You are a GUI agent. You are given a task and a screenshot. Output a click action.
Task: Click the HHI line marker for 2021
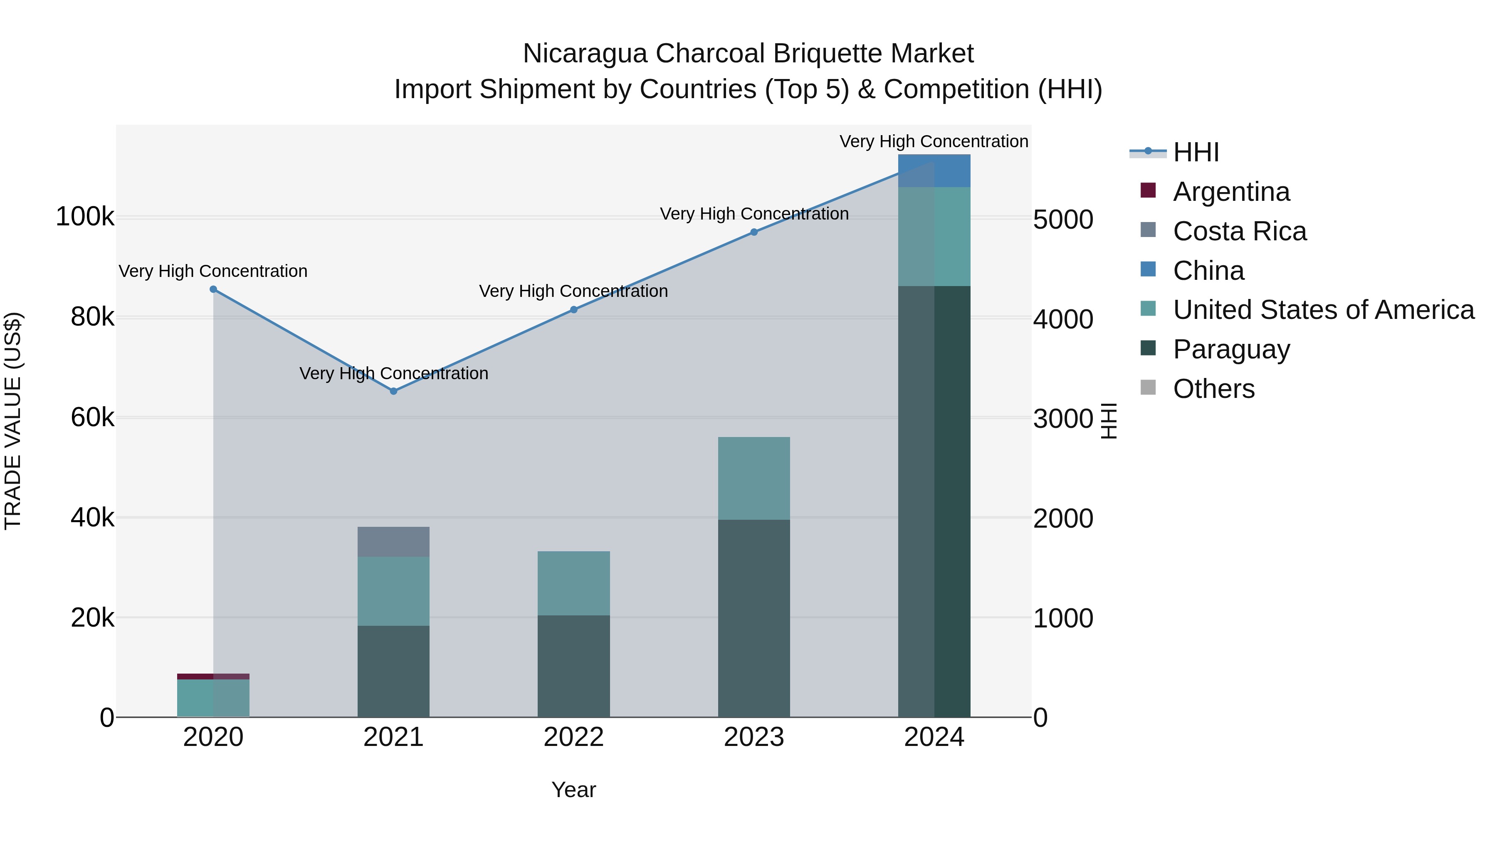pyautogui.click(x=393, y=391)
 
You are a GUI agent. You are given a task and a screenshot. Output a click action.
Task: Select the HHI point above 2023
pyautogui.click(x=754, y=232)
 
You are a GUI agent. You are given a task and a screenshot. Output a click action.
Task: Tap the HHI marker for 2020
pyautogui.click(x=213, y=289)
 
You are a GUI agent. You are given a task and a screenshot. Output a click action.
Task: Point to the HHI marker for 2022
pyautogui.click(x=573, y=310)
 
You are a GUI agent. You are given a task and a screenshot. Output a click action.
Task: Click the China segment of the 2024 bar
pyautogui.click(x=934, y=171)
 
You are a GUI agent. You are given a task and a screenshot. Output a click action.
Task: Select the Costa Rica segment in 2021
pyautogui.click(x=393, y=541)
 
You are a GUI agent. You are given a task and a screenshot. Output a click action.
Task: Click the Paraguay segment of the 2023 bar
pyautogui.click(x=754, y=618)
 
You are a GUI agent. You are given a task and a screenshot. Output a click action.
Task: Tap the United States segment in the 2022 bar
pyautogui.click(x=573, y=583)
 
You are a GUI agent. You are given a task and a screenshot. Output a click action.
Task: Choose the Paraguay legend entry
pyautogui.click(x=1231, y=349)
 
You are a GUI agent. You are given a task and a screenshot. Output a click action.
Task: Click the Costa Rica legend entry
pyautogui.click(x=1239, y=231)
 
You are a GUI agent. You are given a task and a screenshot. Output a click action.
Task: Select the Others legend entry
pyautogui.click(x=1213, y=389)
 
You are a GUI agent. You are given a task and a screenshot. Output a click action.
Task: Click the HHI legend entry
pyautogui.click(x=1196, y=152)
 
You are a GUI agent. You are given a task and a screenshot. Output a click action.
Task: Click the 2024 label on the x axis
pyautogui.click(x=934, y=737)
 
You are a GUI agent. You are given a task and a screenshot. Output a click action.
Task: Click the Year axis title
pyautogui.click(x=573, y=790)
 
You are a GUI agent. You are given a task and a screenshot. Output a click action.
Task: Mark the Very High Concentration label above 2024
pyautogui.click(x=934, y=141)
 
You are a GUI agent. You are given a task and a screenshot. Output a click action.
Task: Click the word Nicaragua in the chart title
pyautogui.click(x=585, y=54)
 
